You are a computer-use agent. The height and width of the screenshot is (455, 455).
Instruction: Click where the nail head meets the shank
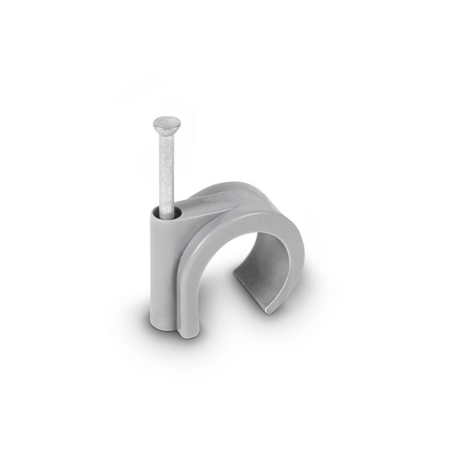[167, 133]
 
